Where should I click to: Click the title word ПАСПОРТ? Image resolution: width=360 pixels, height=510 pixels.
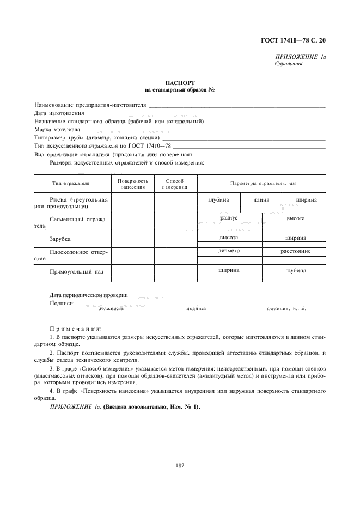180,83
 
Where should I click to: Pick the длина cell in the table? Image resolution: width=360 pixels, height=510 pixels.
261,200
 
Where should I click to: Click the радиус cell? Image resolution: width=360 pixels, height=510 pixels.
229,217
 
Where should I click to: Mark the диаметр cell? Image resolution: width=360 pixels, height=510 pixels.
229,251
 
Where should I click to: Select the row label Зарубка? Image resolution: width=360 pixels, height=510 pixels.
60,239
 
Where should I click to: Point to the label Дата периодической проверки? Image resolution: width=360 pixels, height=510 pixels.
88,295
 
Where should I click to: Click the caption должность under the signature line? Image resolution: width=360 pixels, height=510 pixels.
111,308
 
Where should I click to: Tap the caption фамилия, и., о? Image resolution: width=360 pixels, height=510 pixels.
286,308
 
